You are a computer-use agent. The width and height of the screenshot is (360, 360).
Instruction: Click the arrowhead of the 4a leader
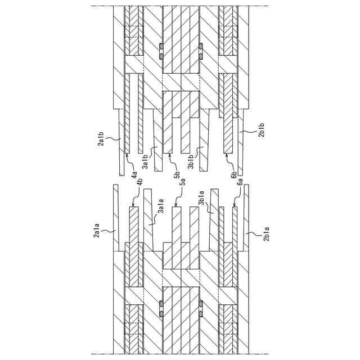coord(127,154)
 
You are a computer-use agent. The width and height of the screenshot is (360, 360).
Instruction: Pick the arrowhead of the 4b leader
coord(132,206)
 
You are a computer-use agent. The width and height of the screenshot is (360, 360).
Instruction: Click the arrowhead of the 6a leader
coord(233,206)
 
